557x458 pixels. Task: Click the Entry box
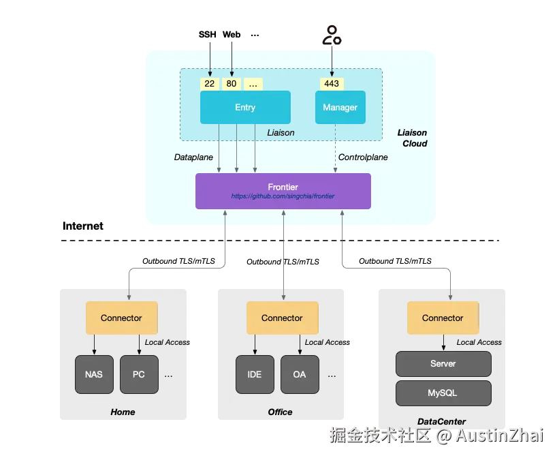(x=245, y=107)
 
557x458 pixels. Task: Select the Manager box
(x=340, y=107)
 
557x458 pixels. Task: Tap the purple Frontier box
(x=283, y=191)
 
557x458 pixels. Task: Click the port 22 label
(x=210, y=84)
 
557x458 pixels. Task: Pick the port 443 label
(x=332, y=84)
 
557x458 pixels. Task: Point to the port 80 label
(x=232, y=84)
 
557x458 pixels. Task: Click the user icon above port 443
(x=332, y=35)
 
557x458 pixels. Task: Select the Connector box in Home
(x=121, y=318)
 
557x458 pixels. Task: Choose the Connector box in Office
(x=283, y=318)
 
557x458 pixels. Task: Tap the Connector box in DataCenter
(x=443, y=318)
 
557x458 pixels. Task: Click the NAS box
(x=94, y=374)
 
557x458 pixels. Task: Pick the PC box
(x=139, y=374)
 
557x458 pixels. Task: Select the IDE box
(x=255, y=374)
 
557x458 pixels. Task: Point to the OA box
(x=300, y=374)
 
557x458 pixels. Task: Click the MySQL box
(x=443, y=393)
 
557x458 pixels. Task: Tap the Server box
(x=443, y=364)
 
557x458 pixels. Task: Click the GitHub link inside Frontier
(x=283, y=196)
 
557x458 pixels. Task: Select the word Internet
(x=83, y=226)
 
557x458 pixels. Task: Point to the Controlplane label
(x=363, y=157)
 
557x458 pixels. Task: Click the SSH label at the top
(x=208, y=35)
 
